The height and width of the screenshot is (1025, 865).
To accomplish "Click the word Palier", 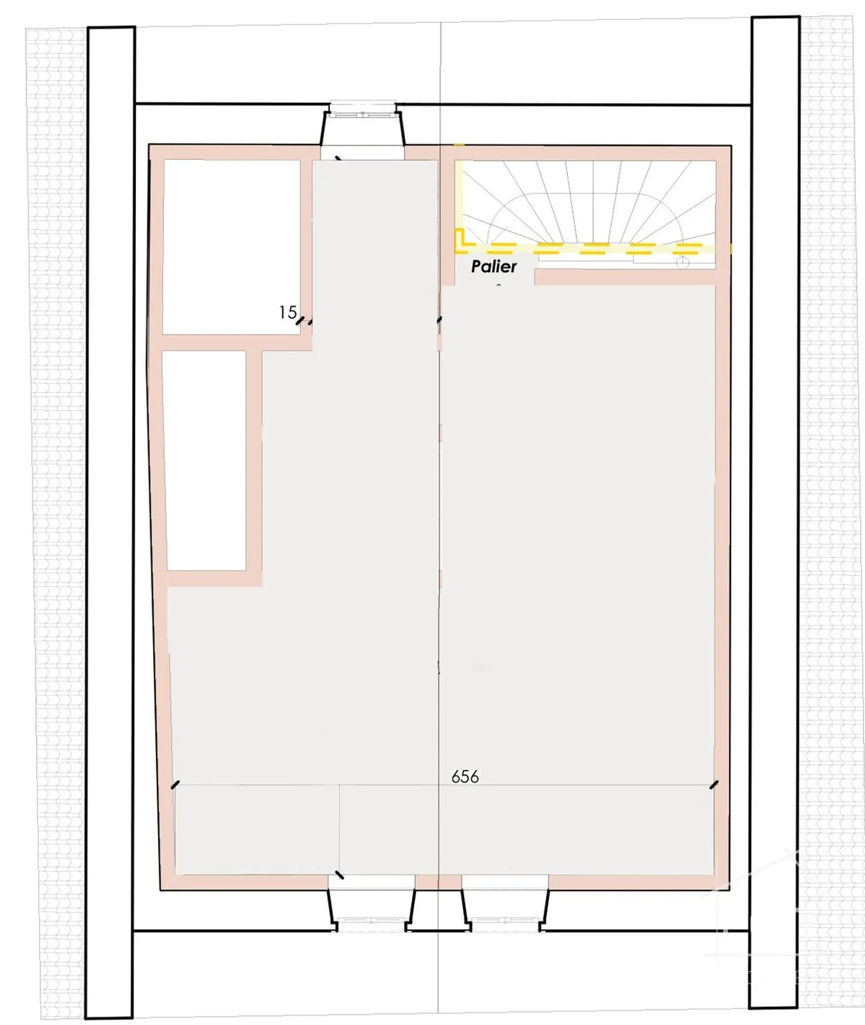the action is tap(494, 266).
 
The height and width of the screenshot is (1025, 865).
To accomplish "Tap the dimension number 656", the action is tap(465, 777).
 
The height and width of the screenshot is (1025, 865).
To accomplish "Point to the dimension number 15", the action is tap(288, 312).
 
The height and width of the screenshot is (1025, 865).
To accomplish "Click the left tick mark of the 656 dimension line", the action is tap(175, 785).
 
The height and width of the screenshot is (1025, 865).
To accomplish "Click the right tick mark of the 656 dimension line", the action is tap(714, 785).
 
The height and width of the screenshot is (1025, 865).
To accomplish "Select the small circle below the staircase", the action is tap(682, 263).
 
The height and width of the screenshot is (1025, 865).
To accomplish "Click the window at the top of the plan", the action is tap(362, 110).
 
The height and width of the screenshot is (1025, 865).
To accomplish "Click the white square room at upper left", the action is tap(232, 246).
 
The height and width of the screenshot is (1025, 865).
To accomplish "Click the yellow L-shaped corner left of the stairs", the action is tap(460, 240).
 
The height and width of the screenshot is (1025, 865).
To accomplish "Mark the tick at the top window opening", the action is tap(339, 159).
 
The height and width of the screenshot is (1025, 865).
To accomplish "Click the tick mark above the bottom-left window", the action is tap(339, 875).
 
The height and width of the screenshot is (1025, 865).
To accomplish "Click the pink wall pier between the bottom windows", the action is tap(438, 881).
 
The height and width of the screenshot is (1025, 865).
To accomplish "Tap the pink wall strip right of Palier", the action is tap(625, 277).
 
